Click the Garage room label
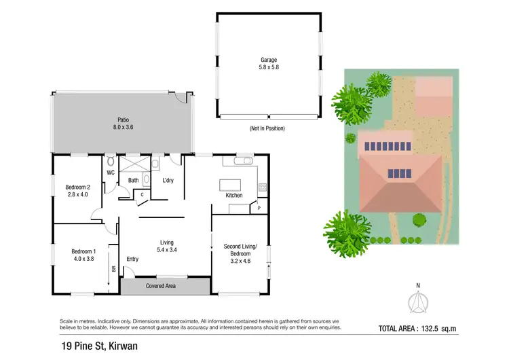pos(267,60)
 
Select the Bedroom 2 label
pos(77,187)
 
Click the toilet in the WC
pos(109,164)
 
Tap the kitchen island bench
pos(227,185)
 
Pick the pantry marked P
pos(259,209)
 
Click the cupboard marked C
pos(142,195)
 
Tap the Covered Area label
pos(162,286)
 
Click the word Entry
pos(132,259)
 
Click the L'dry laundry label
pos(168,180)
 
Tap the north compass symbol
pos(419,300)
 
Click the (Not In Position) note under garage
pos(267,128)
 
